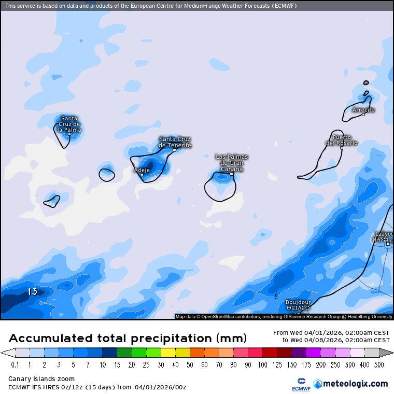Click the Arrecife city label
click(x=363, y=110)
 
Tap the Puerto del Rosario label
click(x=342, y=140)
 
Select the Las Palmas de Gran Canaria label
click(x=232, y=163)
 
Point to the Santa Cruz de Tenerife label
click(x=175, y=142)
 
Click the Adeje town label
click(x=142, y=170)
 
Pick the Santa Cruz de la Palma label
click(x=69, y=124)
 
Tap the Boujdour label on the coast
click(x=298, y=302)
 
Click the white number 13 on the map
click(x=33, y=292)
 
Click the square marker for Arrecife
click(x=363, y=114)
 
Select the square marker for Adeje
click(x=142, y=175)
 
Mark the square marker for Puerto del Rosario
click(x=342, y=148)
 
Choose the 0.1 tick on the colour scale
click(x=16, y=364)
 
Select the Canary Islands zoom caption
click(x=41, y=379)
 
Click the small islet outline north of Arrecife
click(x=366, y=82)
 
